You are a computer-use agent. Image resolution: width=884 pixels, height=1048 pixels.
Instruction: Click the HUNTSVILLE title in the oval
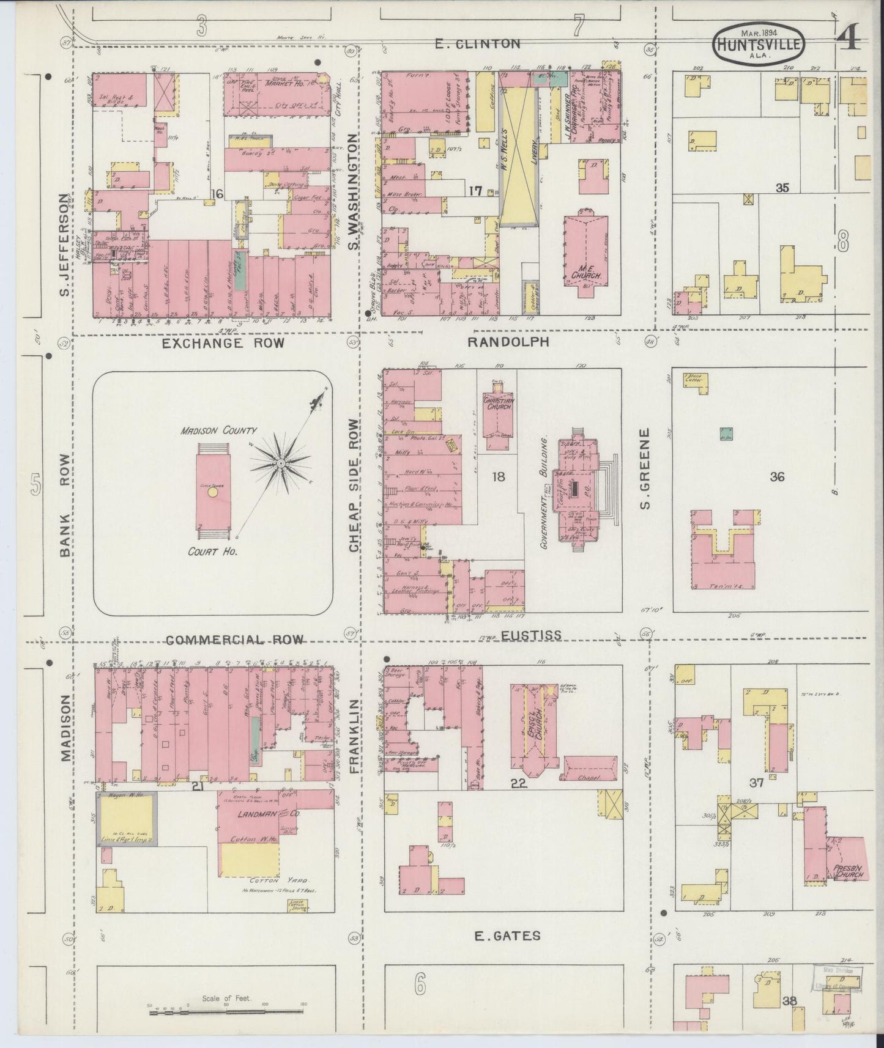[758, 45]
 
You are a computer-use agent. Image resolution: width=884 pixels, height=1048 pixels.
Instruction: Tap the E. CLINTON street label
[477, 43]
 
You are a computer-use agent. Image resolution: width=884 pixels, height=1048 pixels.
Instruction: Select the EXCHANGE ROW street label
[223, 343]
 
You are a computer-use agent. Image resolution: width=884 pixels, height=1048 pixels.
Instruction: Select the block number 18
[499, 476]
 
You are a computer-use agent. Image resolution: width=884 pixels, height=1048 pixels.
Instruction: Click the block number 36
[777, 476]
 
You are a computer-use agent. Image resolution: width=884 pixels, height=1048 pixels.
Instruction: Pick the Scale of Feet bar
[225, 1013]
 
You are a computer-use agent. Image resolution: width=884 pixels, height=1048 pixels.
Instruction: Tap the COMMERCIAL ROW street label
[235, 640]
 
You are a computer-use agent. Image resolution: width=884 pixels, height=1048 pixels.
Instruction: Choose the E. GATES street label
[507, 935]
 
